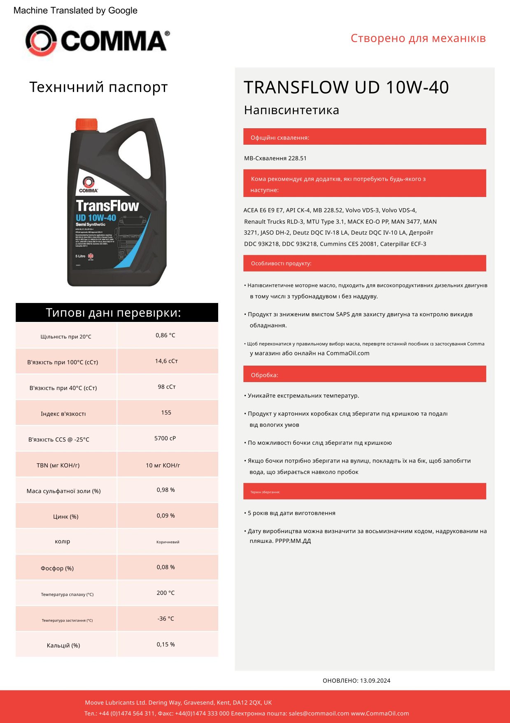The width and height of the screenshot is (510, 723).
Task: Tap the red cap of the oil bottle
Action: [86, 124]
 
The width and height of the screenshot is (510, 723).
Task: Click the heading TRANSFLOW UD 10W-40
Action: [346, 87]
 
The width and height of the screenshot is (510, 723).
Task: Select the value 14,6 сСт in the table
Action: [166, 361]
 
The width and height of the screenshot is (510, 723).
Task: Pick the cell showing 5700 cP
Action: [165, 438]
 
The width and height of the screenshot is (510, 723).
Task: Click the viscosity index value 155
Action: [166, 413]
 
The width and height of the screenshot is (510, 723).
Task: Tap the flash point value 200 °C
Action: [165, 593]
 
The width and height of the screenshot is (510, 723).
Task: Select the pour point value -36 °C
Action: [165, 619]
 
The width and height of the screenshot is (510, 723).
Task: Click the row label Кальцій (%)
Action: [63, 646]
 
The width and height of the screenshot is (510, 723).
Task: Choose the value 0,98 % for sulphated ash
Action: [165, 490]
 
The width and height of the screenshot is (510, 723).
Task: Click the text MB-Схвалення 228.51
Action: [275, 158]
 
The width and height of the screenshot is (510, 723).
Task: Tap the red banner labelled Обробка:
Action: [364, 374]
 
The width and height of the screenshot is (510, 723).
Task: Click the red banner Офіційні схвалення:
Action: [364, 137]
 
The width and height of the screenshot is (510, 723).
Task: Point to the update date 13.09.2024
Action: [375, 681]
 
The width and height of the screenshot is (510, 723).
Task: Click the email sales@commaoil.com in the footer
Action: [319, 714]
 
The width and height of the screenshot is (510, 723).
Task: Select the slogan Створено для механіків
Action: [418, 38]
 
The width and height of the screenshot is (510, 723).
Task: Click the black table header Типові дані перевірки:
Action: [117, 312]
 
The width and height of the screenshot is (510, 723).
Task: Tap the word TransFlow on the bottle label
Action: [107, 206]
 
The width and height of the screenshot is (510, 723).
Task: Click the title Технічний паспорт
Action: [98, 87]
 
